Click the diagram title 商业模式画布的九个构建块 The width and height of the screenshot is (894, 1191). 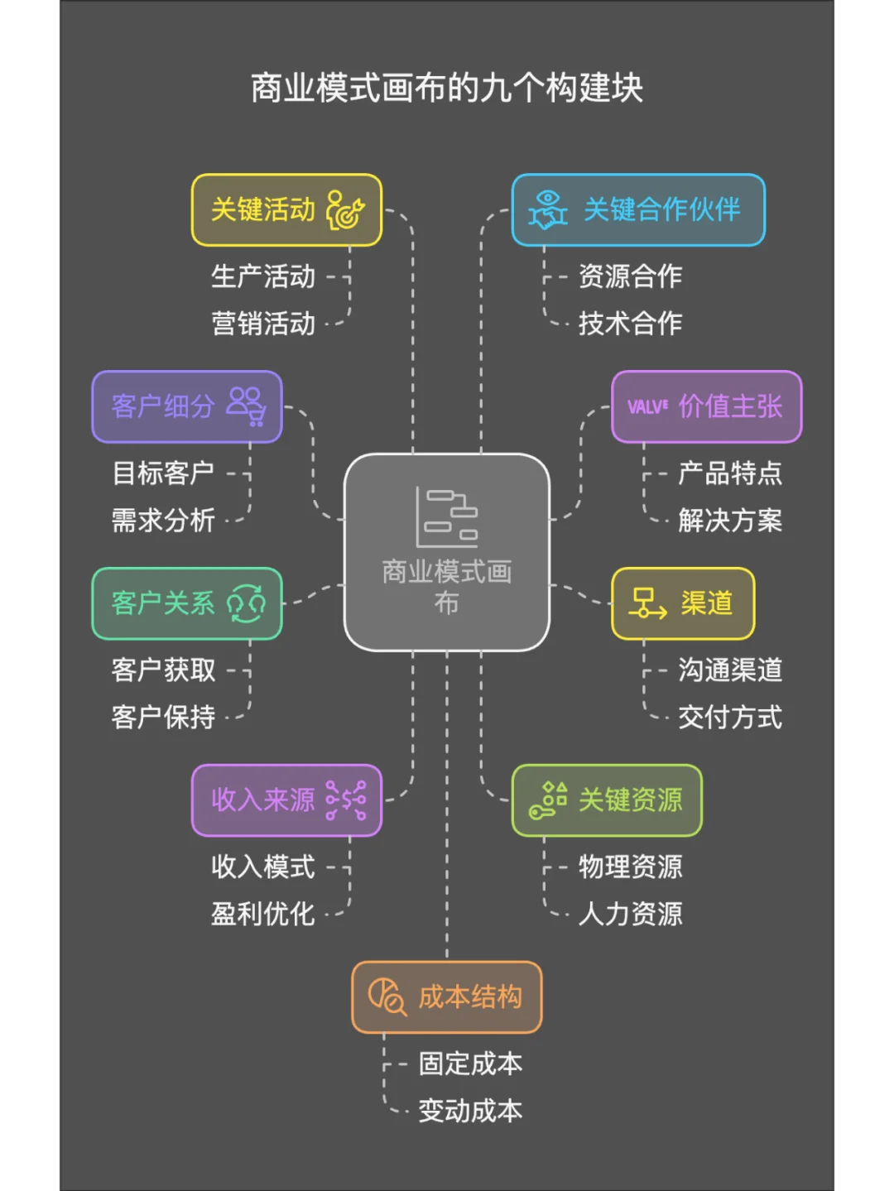(x=447, y=89)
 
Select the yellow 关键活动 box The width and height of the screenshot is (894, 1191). (x=286, y=210)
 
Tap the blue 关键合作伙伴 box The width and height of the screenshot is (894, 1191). (x=638, y=210)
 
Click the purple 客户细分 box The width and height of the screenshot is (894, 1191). (x=187, y=406)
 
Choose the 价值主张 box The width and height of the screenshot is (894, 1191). (x=706, y=406)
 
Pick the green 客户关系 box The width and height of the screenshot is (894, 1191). (x=187, y=603)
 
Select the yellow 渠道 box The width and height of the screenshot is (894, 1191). (x=683, y=603)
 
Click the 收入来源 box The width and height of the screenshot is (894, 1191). (x=286, y=800)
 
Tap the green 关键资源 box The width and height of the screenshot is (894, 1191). (x=607, y=800)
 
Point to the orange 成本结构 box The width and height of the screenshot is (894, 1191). (x=447, y=997)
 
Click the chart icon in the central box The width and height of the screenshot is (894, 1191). (x=447, y=517)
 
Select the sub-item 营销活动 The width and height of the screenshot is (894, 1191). (x=263, y=324)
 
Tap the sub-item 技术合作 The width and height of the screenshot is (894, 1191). (x=630, y=324)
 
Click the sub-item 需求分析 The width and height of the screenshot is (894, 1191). (x=163, y=521)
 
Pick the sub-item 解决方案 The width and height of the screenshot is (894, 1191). (x=730, y=521)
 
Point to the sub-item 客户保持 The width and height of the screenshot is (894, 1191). (x=163, y=718)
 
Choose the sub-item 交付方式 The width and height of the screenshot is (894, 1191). (x=730, y=718)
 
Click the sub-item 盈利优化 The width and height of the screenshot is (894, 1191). (x=263, y=915)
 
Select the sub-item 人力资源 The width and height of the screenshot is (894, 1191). (x=630, y=915)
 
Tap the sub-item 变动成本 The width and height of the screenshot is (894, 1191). (x=470, y=1111)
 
